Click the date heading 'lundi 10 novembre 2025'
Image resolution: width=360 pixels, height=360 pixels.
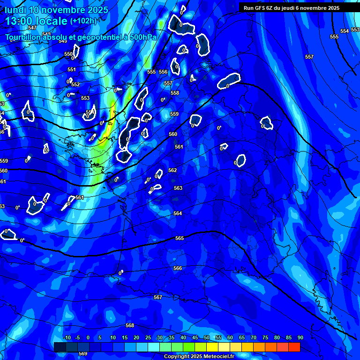[56, 10]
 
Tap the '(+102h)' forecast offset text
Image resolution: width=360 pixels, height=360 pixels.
[83, 21]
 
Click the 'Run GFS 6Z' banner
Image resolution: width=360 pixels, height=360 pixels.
[291, 8]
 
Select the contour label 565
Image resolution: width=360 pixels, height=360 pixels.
[180, 238]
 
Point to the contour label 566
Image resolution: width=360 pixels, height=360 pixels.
[178, 268]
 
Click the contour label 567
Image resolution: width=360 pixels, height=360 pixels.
[158, 297]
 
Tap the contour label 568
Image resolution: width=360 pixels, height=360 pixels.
[130, 325]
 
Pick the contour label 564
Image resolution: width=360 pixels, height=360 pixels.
[178, 213]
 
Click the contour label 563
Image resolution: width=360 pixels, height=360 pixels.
[178, 188]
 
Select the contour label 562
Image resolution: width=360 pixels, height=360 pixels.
[172, 170]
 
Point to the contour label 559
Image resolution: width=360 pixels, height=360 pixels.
[174, 114]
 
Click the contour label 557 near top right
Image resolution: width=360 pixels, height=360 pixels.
[309, 57]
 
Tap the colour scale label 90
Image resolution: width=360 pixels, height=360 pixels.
[300, 337]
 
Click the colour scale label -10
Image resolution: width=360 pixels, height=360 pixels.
[67, 337]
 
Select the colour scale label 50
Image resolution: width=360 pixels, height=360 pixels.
[206, 337]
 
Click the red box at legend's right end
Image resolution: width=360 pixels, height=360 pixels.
[294, 347]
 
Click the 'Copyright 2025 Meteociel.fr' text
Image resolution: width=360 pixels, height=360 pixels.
[199, 356]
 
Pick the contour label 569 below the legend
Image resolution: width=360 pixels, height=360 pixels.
[83, 353]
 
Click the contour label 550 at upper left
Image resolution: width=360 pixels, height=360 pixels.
[68, 54]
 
